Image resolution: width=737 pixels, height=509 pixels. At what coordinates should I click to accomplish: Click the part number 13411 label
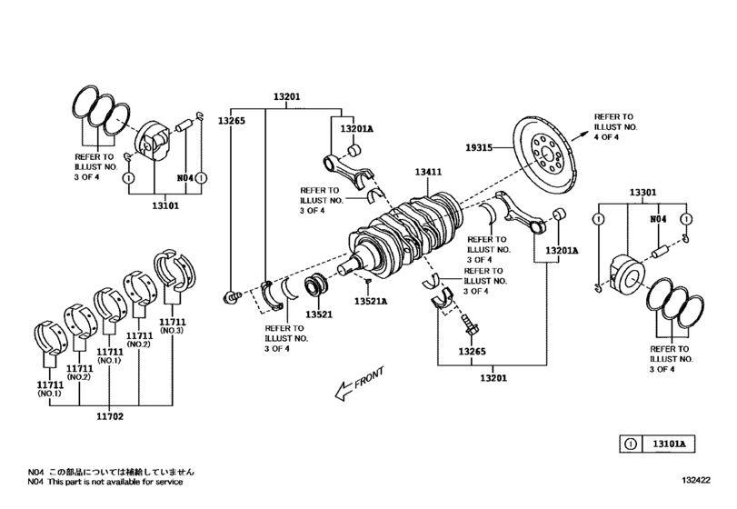429,171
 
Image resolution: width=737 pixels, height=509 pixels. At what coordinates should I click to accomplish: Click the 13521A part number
371,301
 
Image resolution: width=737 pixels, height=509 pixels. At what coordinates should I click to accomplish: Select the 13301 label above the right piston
642,193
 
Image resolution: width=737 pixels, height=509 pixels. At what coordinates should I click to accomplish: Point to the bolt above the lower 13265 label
469,325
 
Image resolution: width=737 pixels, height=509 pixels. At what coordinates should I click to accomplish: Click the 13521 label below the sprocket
319,314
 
